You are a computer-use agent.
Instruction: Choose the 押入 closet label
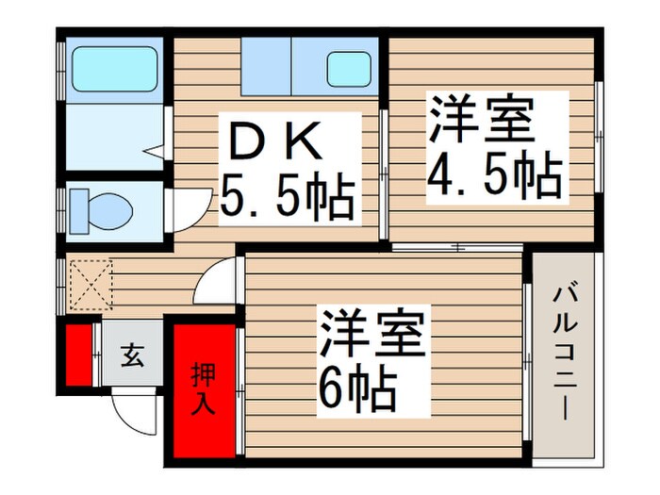[x=204, y=388]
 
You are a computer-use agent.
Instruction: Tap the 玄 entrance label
[x=132, y=356]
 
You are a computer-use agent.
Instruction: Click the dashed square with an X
[x=91, y=286]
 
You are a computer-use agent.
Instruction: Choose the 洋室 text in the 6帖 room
[x=375, y=332]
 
